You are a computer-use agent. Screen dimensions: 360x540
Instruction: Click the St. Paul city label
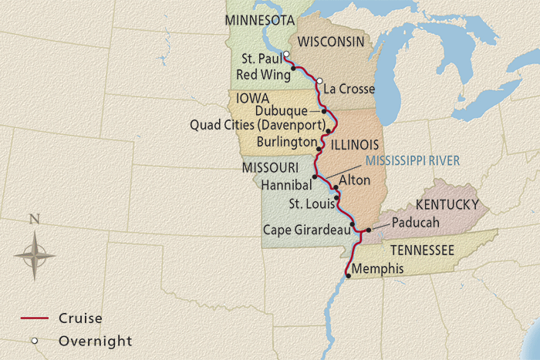259,59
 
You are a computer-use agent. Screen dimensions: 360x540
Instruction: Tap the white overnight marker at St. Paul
285,54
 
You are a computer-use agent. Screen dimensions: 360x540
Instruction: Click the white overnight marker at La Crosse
319,80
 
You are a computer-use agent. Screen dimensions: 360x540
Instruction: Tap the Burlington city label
288,142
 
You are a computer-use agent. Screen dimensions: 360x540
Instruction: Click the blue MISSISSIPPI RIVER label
412,160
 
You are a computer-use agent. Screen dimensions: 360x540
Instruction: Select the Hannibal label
286,186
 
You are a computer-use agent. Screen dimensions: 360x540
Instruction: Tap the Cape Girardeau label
305,229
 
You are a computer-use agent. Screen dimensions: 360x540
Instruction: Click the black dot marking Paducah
369,230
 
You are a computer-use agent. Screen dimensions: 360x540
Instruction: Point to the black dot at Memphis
348,276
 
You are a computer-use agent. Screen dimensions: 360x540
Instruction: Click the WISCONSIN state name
331,41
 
